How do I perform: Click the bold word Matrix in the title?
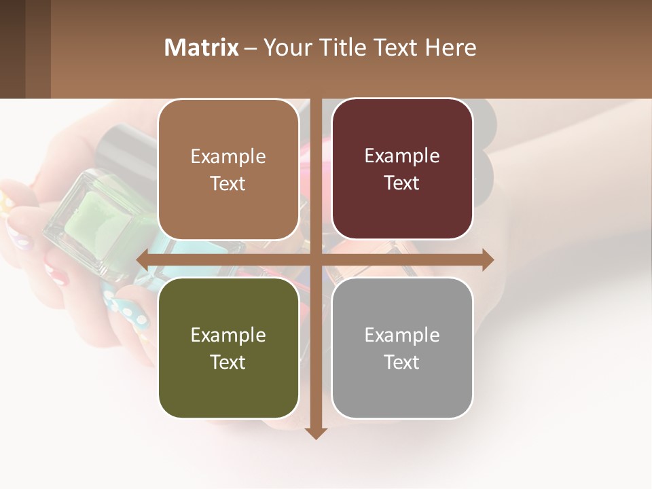click(202, 48)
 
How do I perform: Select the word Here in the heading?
click(451, 48)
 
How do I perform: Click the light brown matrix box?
click(228, 170)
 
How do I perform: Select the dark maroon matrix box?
click(402, 169)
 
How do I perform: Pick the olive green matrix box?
click(228, 348)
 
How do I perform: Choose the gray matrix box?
click(402, 348)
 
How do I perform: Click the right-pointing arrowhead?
click(488, 259)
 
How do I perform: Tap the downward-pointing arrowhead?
click(316, 433)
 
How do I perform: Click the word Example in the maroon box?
click(402, 156)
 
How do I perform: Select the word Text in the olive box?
click(228, 362)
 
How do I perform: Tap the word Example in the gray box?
click(402, 335)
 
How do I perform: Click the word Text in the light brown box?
click(228, 183)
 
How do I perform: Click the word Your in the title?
click(285, 48)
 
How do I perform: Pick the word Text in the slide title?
click(397, 48)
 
